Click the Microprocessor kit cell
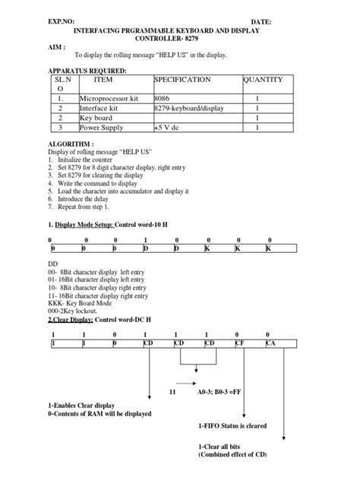click(108, 99)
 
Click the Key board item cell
click(96, 118)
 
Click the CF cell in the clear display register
click(239, 343)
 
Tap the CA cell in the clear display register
click(270, 343)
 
